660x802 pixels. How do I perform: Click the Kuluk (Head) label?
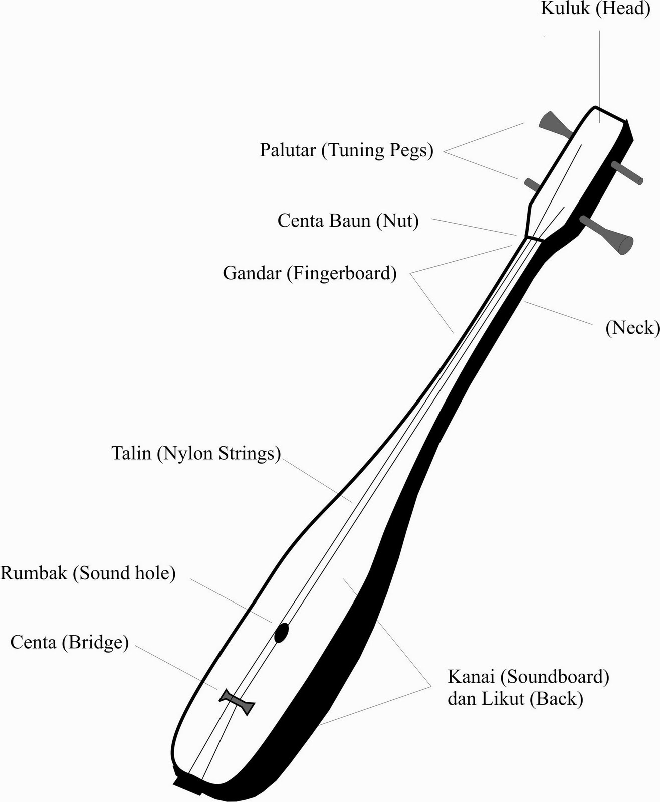pos(595,9)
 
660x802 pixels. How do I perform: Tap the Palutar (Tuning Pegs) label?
pos(346,150)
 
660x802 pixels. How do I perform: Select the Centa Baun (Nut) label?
pos(348,221)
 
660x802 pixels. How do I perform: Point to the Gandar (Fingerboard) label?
pos(310,274)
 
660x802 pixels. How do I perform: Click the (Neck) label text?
pos(632,328)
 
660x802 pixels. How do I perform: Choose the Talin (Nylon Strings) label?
pos(196,453)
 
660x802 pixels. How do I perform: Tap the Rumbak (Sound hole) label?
pos(88,573)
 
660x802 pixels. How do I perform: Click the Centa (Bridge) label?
pos(70,642)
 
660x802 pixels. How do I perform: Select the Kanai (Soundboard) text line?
pos(528,677)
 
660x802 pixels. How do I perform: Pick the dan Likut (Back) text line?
pos(515,699)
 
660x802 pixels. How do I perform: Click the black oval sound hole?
pos(281,633)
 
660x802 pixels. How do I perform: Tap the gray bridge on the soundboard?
pos(237,701)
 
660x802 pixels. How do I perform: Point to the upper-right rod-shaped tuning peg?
pos(627,173)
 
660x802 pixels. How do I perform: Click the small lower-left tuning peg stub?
pos(532,184)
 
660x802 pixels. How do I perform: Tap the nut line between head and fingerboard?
pos(533,238)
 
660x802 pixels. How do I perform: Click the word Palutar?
pos(288,150)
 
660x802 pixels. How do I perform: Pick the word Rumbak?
pos(34,573)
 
